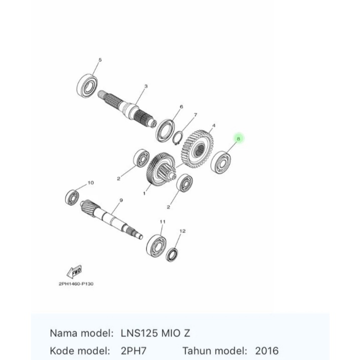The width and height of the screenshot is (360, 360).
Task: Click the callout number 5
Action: click(x=99, y=60)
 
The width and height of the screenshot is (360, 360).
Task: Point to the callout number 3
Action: click(x=146, y=86)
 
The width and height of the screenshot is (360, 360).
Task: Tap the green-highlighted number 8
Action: click(x=238, y=138)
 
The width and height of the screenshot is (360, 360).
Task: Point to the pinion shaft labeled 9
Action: click(x=110, y=218)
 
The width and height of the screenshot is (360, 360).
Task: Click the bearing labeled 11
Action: click(x=156, y=244)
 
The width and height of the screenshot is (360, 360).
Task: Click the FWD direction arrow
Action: click(x=73, y=272)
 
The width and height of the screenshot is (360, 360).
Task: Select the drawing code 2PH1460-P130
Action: click(x=76, y=284)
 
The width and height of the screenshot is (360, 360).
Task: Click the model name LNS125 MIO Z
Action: click(x=155, y=332)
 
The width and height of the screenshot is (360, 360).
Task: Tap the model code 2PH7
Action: click(x=133, y=350)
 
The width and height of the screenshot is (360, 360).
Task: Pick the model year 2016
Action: click(x=266, y=350)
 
